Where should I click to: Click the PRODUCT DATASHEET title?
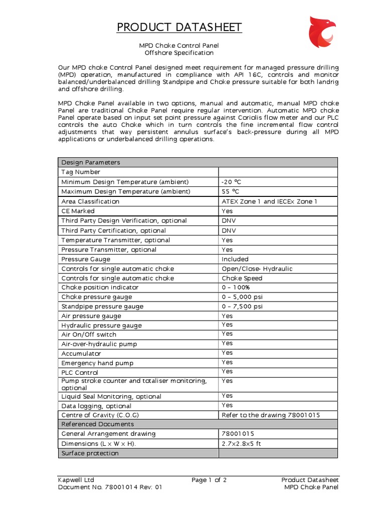point(179,27)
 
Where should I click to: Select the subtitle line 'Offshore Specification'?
point(179,53)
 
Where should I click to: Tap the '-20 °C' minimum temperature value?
point(232,182)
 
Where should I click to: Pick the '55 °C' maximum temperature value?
point(231,191)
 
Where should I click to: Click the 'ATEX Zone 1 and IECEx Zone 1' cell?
point(269,201)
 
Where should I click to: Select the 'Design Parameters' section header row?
point(90,163)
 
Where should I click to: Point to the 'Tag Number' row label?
point(81,172)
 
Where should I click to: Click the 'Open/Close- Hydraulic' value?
point(257,269)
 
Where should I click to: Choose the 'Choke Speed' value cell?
point(242,278)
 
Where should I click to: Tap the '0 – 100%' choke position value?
point(236,288)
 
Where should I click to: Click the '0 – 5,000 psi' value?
point(242,297)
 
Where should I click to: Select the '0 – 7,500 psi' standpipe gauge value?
point(242,307)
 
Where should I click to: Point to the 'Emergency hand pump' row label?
point(97,363)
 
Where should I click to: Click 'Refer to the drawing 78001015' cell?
point(271,415)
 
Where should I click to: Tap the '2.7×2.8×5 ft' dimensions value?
point(242,444)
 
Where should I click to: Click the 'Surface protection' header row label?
point(90,453)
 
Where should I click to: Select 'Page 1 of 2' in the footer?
point(209,480)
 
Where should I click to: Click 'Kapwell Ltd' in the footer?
point(76,480)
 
